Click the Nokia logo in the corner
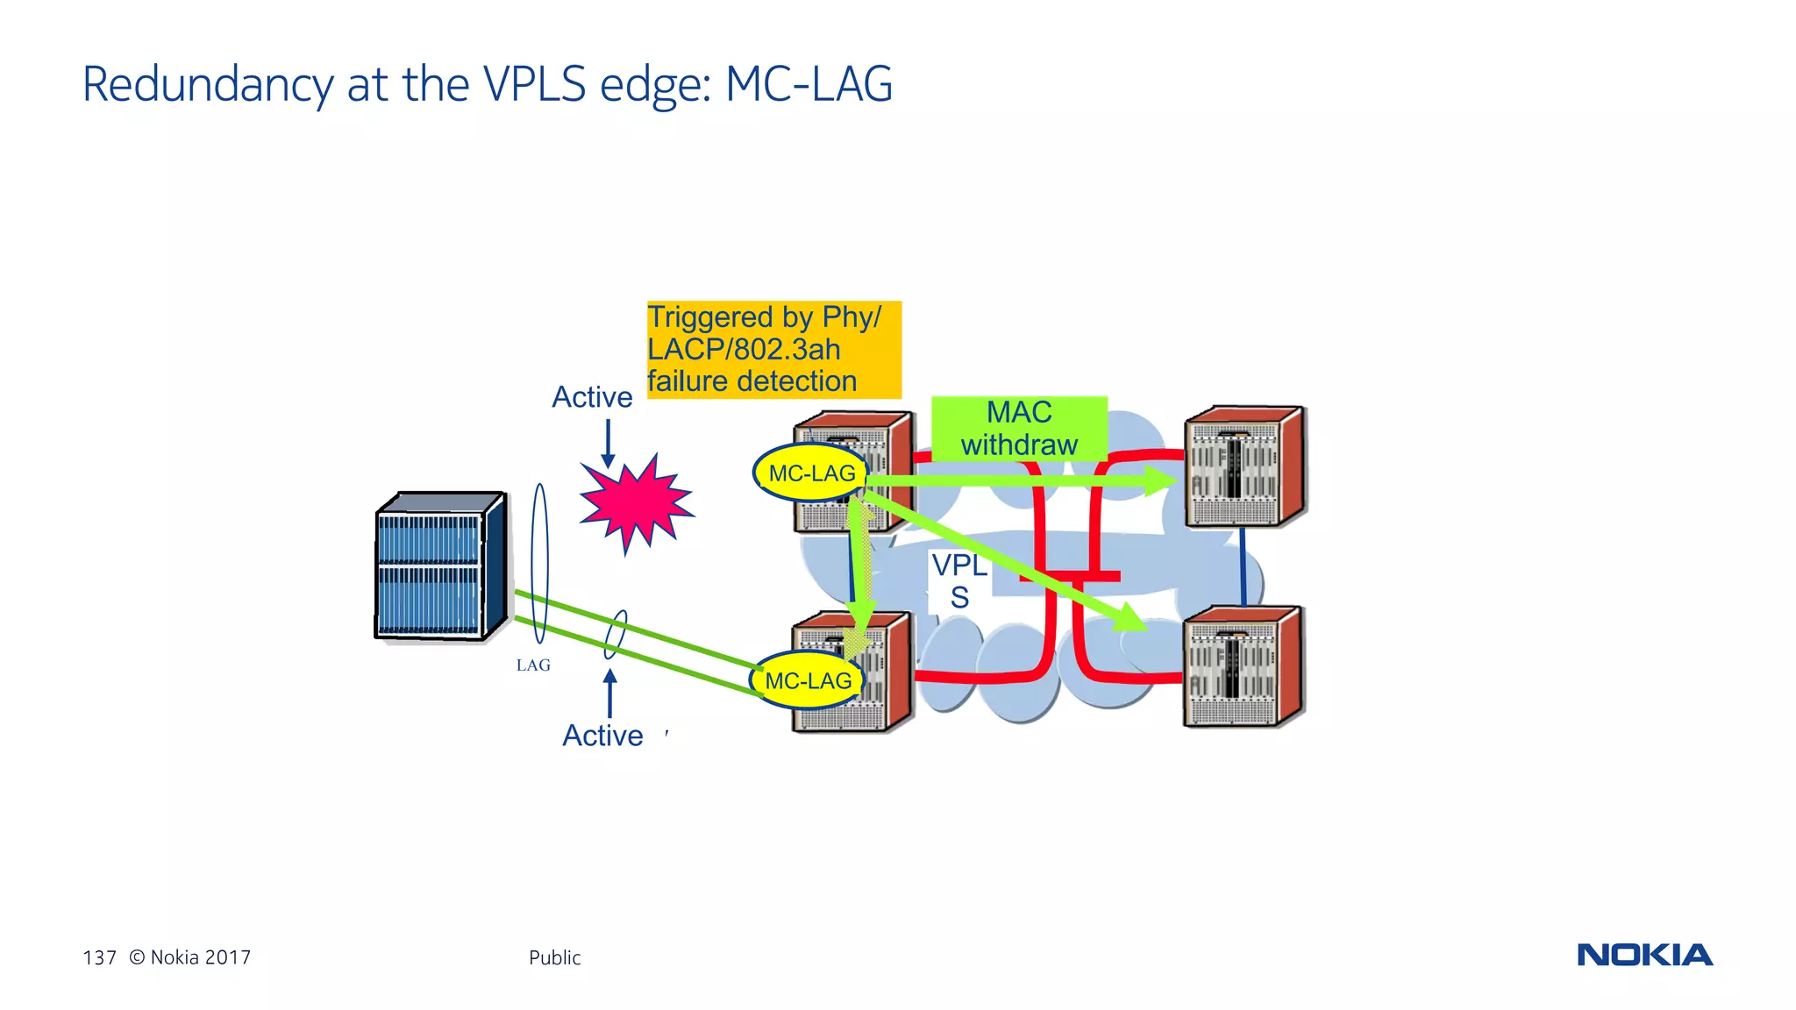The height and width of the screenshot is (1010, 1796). click(x=1644, y=955)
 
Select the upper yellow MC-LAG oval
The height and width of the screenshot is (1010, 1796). click(x=811, y=473)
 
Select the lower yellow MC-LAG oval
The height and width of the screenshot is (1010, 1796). click(x=808, y=680)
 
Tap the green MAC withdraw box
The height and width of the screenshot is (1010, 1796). click(x=1019, y=428)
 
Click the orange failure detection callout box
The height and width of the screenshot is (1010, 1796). click(x=773, y=350)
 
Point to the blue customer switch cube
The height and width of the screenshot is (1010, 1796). click(x=438, y=567)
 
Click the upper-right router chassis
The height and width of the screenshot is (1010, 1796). click(x=1244, y=466)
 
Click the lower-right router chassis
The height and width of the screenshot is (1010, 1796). click(x=1243, y=666)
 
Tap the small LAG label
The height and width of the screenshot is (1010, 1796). click(x=533, y=665)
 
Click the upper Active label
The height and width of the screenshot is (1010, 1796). click(x=592, y=397)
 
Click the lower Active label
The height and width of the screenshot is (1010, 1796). click(x=602, y=736)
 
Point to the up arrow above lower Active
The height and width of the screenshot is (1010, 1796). click(x=610, y=693)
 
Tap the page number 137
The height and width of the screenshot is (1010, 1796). click(x=99, y=957)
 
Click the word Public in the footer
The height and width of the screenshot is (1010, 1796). click(x=554, y=957)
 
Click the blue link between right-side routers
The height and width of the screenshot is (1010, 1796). click(x=1243, y=566)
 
